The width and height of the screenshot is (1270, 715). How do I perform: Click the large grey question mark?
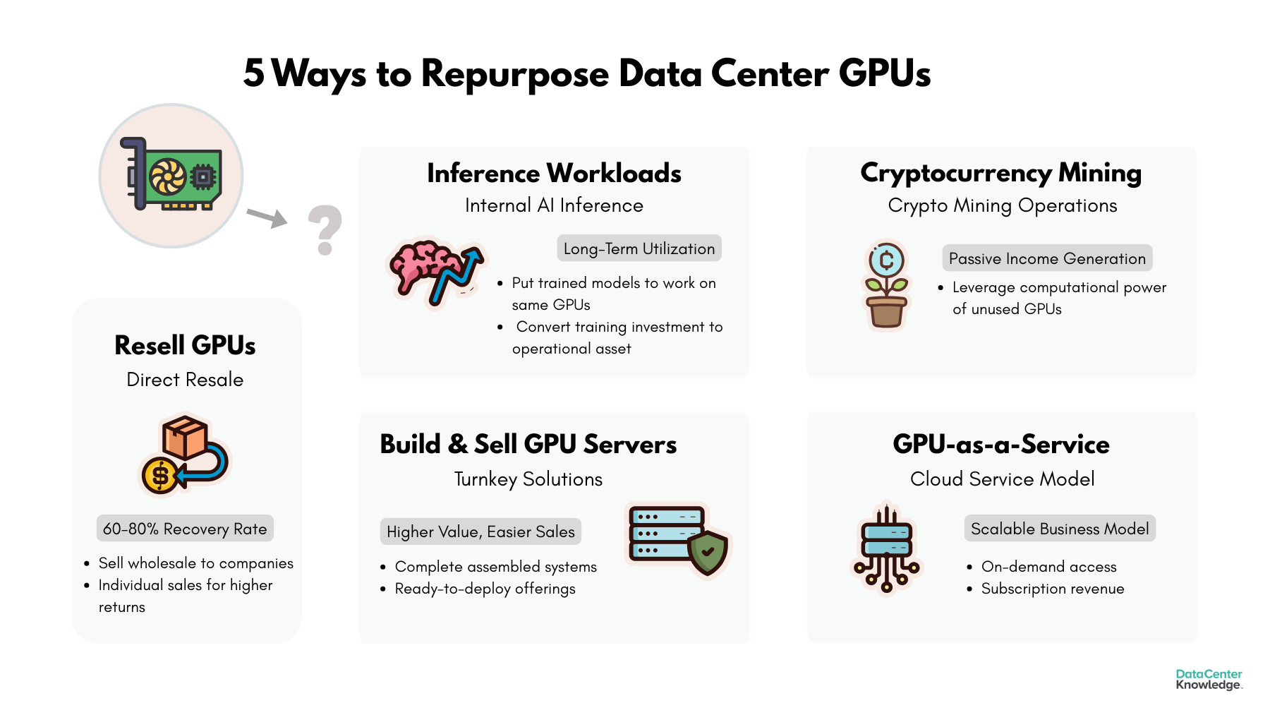[x=325, y=229]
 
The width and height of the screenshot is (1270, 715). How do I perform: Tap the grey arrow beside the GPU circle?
[x=267, y=217]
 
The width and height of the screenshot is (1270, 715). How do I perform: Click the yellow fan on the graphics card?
[x=167, y=176]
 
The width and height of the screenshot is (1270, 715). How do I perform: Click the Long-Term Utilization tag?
[x=639, y=248]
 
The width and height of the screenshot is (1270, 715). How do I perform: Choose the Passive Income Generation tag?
[x=1047, y=258]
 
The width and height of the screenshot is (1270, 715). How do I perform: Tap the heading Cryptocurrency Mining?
[x=1000, y=173]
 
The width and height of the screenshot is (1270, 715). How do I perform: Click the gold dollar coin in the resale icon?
[x=160, y=476]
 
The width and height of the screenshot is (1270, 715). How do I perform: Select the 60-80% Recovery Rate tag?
[x=185, y=529]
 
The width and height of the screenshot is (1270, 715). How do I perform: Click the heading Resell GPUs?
[x=185, y=345]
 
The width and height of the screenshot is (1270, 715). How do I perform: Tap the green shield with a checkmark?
[x=708, y=553]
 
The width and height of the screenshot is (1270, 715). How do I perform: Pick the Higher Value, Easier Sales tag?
[x=480, y=531]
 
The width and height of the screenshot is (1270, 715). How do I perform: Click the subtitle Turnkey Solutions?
[x=528, y=479]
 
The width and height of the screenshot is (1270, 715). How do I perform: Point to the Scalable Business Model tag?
[x=1060, y=529]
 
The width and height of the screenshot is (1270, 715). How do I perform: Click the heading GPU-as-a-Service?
[x=1001, y=444]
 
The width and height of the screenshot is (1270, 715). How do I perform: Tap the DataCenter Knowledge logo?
[x=1209, y=679]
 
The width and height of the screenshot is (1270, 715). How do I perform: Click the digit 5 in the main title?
[x=254, y=73]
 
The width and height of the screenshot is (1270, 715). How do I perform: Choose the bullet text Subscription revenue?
[x=1053, y=589]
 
